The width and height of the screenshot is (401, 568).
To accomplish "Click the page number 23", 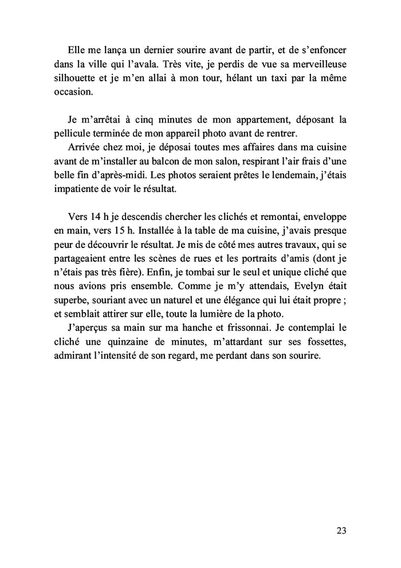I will tap(341, 530).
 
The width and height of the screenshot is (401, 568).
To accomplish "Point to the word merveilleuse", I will tap(318, 62).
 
